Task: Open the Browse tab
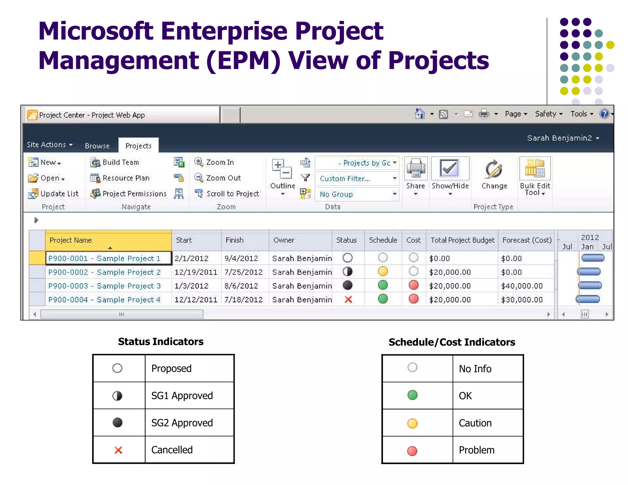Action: click(97, 146)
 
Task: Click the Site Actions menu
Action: click(49, 145)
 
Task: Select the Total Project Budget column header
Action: click(462, 240)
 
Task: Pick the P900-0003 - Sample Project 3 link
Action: click(104, 286)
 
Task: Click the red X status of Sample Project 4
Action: click(348, 300)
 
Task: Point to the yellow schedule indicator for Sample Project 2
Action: click(383, 272)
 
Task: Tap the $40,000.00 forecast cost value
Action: click(522, 286)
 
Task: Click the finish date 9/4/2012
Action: click(241, 258)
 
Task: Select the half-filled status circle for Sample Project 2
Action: click(347, 272)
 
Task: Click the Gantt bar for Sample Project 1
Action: click(593, 258)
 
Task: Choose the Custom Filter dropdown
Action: click(357, 178)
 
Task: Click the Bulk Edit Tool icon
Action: click(535, 169)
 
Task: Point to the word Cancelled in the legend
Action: click(172, 450)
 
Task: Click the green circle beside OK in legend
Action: click(412, 395)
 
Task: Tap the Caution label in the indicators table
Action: click(475, 423)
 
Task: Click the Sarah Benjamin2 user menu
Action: click(563, 138)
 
